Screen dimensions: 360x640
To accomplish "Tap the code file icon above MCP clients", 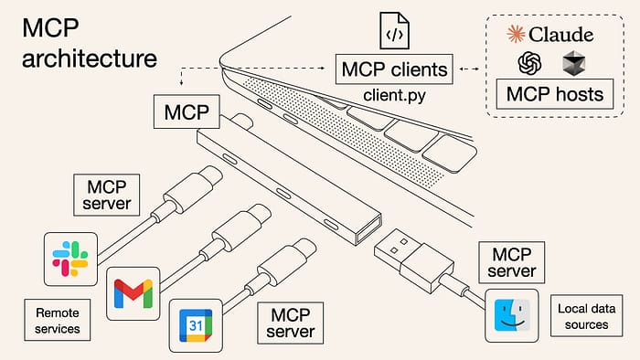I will pos(393,33).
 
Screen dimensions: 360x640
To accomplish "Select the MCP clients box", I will pos(393,69).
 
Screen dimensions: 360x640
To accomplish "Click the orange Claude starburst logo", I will pos(517,34).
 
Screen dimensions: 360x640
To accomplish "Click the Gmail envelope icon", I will pos(133,292).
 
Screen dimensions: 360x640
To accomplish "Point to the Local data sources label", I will pos(583,317).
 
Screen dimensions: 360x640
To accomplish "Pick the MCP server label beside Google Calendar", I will pos(290,323).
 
